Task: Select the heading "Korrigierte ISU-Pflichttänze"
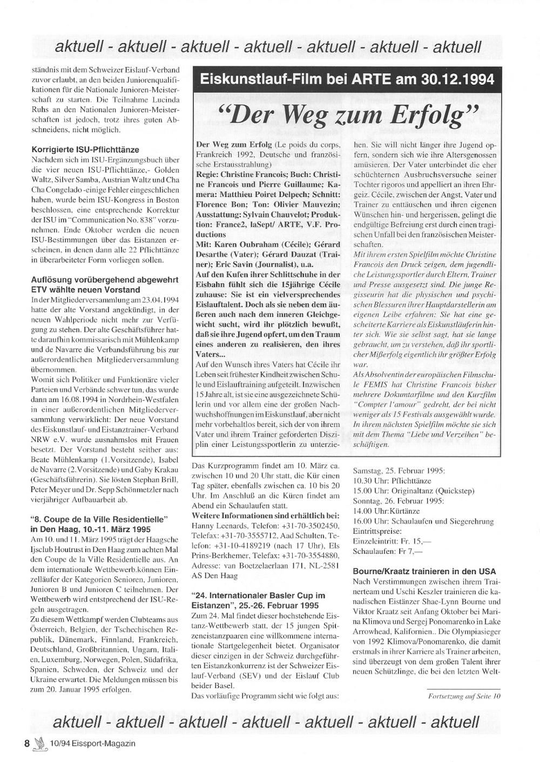(x=85, y=149)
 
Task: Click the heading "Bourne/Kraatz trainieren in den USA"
(x=424, y=571)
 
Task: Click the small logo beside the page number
(x=39, y=744)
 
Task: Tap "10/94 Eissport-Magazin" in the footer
(x=92, y=743)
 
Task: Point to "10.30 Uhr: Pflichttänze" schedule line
(x=392, y=480)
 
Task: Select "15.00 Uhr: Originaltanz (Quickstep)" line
(x=413, y=491)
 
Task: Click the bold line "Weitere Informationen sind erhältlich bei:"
(x=265, y=515)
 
